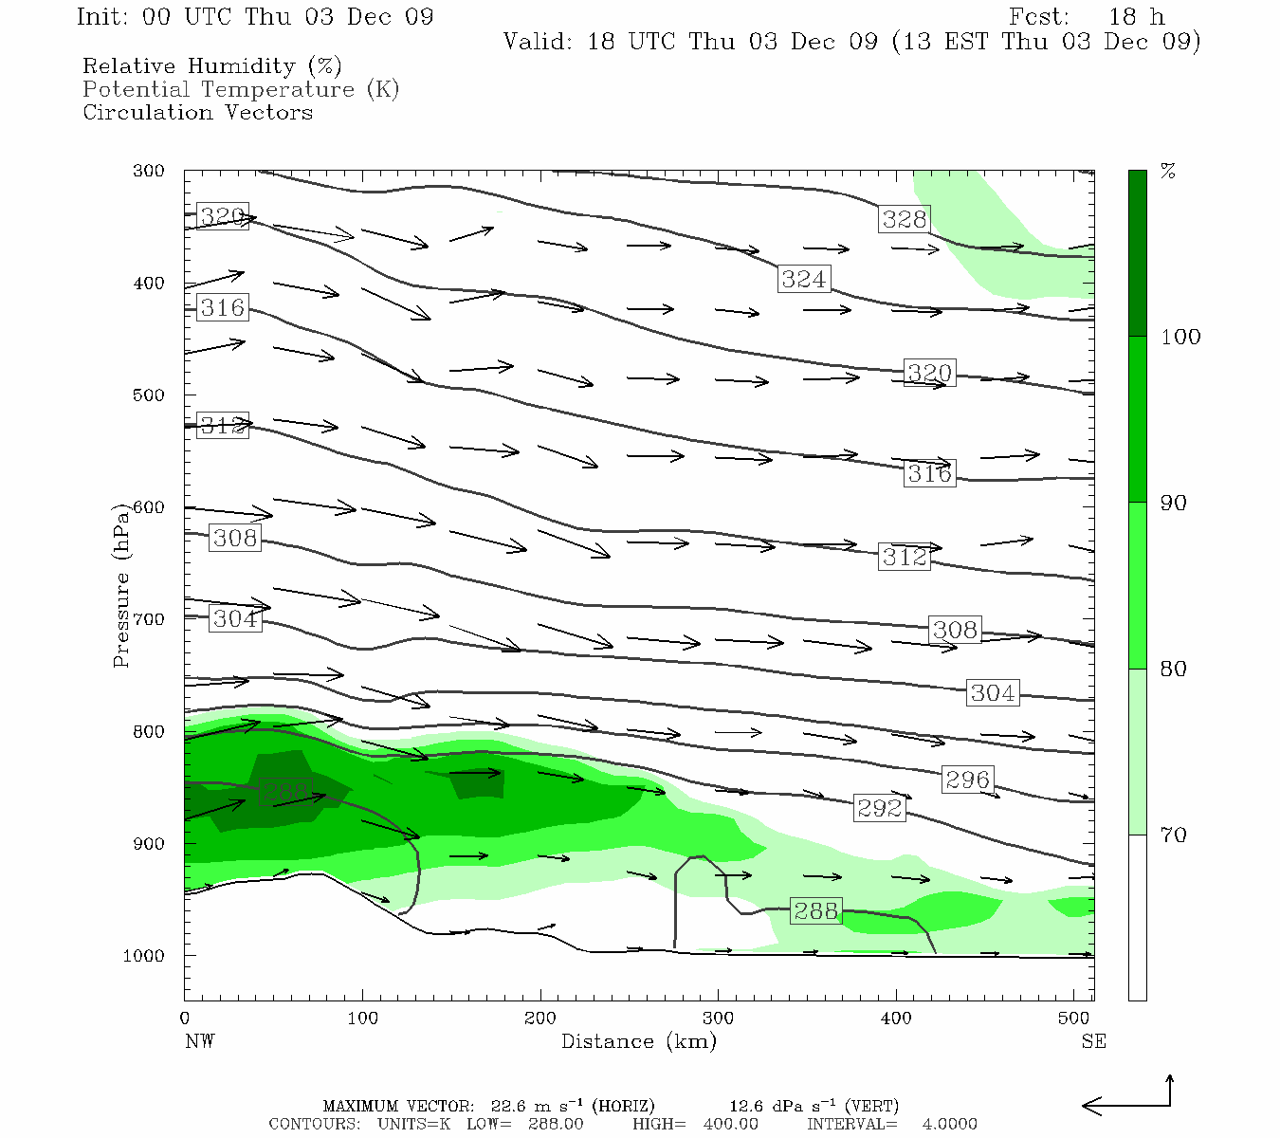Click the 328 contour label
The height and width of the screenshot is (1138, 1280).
pos(904,219)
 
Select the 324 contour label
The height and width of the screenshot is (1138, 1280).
pos(804,279)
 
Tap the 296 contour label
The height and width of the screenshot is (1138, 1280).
pos(967,780)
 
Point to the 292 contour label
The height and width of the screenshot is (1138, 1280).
pos(879,808)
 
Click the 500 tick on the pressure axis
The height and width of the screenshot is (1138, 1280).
pos(149,395)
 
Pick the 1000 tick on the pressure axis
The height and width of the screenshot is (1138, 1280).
pos(144,956)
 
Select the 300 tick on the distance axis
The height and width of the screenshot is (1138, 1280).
pos(718,1019)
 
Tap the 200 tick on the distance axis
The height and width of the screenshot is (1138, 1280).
pos(540,1019)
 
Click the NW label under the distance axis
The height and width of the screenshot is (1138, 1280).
pos(199,1041)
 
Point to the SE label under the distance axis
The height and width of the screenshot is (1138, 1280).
pos(1093,1041)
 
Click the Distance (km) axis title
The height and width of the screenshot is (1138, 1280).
pos(638,1041)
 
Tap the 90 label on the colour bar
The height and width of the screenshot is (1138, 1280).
pos(1173,503)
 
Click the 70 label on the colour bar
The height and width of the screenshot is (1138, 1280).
pos(1173,835)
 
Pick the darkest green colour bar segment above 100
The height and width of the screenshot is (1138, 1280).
pos(1137,253)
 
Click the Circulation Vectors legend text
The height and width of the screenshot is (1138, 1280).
pos(197,112)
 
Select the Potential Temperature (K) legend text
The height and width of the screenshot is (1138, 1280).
pos(241,89)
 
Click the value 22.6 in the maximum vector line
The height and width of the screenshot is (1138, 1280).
pos(507,1106)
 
